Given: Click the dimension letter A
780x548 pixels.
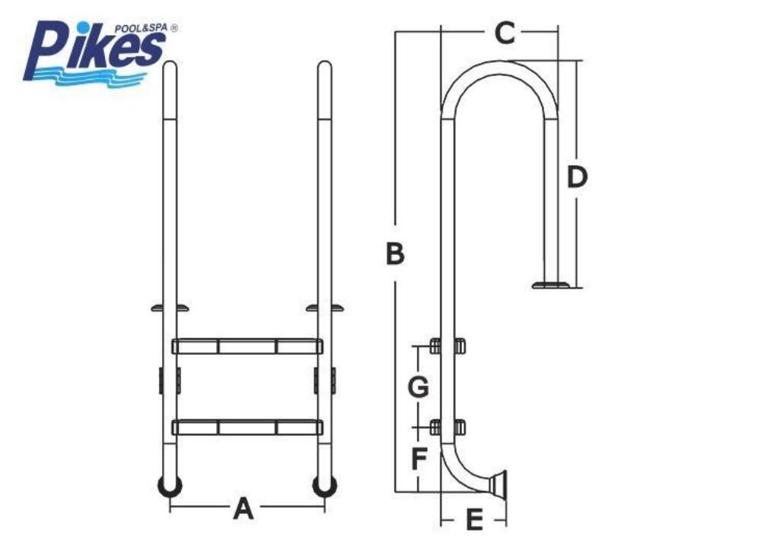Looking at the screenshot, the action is (x=244, y=508).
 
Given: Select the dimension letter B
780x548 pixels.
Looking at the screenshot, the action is (x=396, y=253).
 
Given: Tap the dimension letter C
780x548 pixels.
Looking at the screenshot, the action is (x=505, y=33).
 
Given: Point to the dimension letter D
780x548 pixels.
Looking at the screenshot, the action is (x=577, y=177).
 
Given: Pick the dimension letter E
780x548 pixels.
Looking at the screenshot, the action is (x=474, y=520).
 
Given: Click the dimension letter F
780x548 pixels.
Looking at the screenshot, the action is (x=419, y=458).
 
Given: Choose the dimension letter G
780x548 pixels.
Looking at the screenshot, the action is (x=419, y=387).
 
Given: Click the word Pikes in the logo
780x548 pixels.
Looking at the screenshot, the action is (x=94, y=49).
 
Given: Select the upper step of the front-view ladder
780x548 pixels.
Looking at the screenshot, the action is (x=247, y=346).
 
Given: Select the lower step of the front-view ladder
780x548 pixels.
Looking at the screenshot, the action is (x=247, y=427).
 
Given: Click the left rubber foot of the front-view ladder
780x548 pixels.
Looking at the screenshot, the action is (x=170, y=486).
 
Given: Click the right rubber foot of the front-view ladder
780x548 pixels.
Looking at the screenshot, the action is (x=324, y=486).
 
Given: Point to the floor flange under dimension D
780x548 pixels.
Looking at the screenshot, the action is (x=551, y=285).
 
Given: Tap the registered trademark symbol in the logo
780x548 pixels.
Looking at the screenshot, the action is (x=174, y=28).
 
